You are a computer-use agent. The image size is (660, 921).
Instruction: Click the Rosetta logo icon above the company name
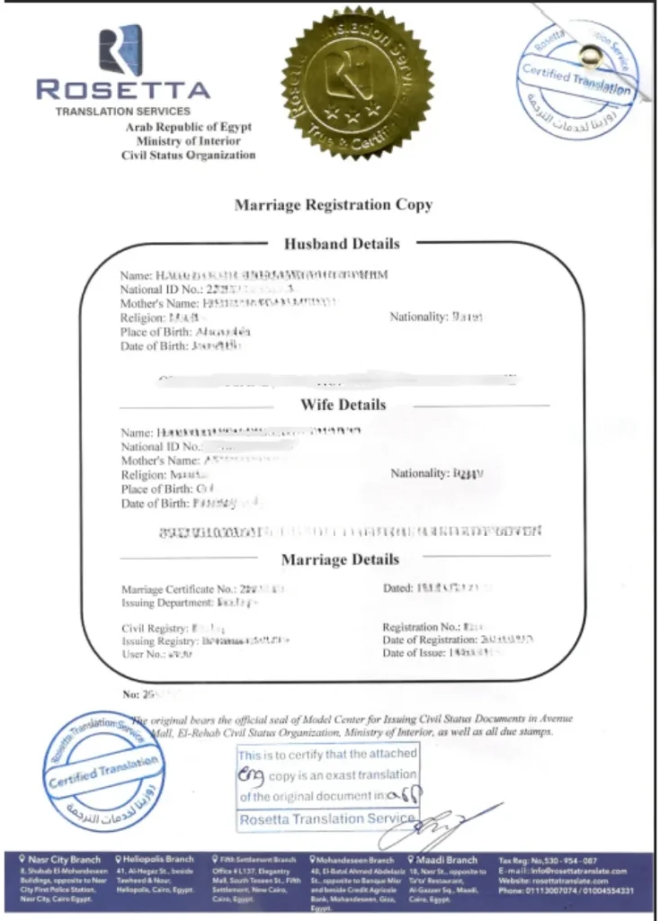point(120,50)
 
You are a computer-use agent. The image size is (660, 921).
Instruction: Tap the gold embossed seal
point(357,82)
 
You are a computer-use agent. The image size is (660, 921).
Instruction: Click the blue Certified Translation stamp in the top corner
point(581,77)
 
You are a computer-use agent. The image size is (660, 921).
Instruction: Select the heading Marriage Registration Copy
point(334,205)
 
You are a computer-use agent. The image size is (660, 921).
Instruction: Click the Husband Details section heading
point(342,243)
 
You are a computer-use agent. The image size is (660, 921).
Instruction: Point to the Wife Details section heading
point(343,405)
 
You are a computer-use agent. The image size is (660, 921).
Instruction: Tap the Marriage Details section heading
point(340,559)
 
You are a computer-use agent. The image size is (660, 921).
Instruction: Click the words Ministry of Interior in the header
point(189,141)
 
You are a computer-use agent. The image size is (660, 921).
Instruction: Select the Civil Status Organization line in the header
point(189,155)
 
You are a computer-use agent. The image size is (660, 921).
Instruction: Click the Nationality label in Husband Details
point(418,317)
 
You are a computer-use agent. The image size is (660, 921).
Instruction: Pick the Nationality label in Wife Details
point(419,473)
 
